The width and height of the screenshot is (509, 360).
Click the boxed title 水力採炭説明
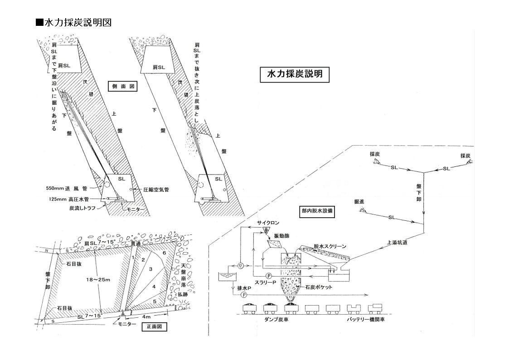click(295, 74)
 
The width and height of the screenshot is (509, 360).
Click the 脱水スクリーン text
click(330, 246)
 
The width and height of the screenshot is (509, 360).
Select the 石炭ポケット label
click(319, 287)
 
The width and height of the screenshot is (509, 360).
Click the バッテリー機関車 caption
click(365, 319)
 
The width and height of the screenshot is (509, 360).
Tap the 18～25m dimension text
click(98, 280)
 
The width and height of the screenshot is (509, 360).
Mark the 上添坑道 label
click(397, 243)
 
